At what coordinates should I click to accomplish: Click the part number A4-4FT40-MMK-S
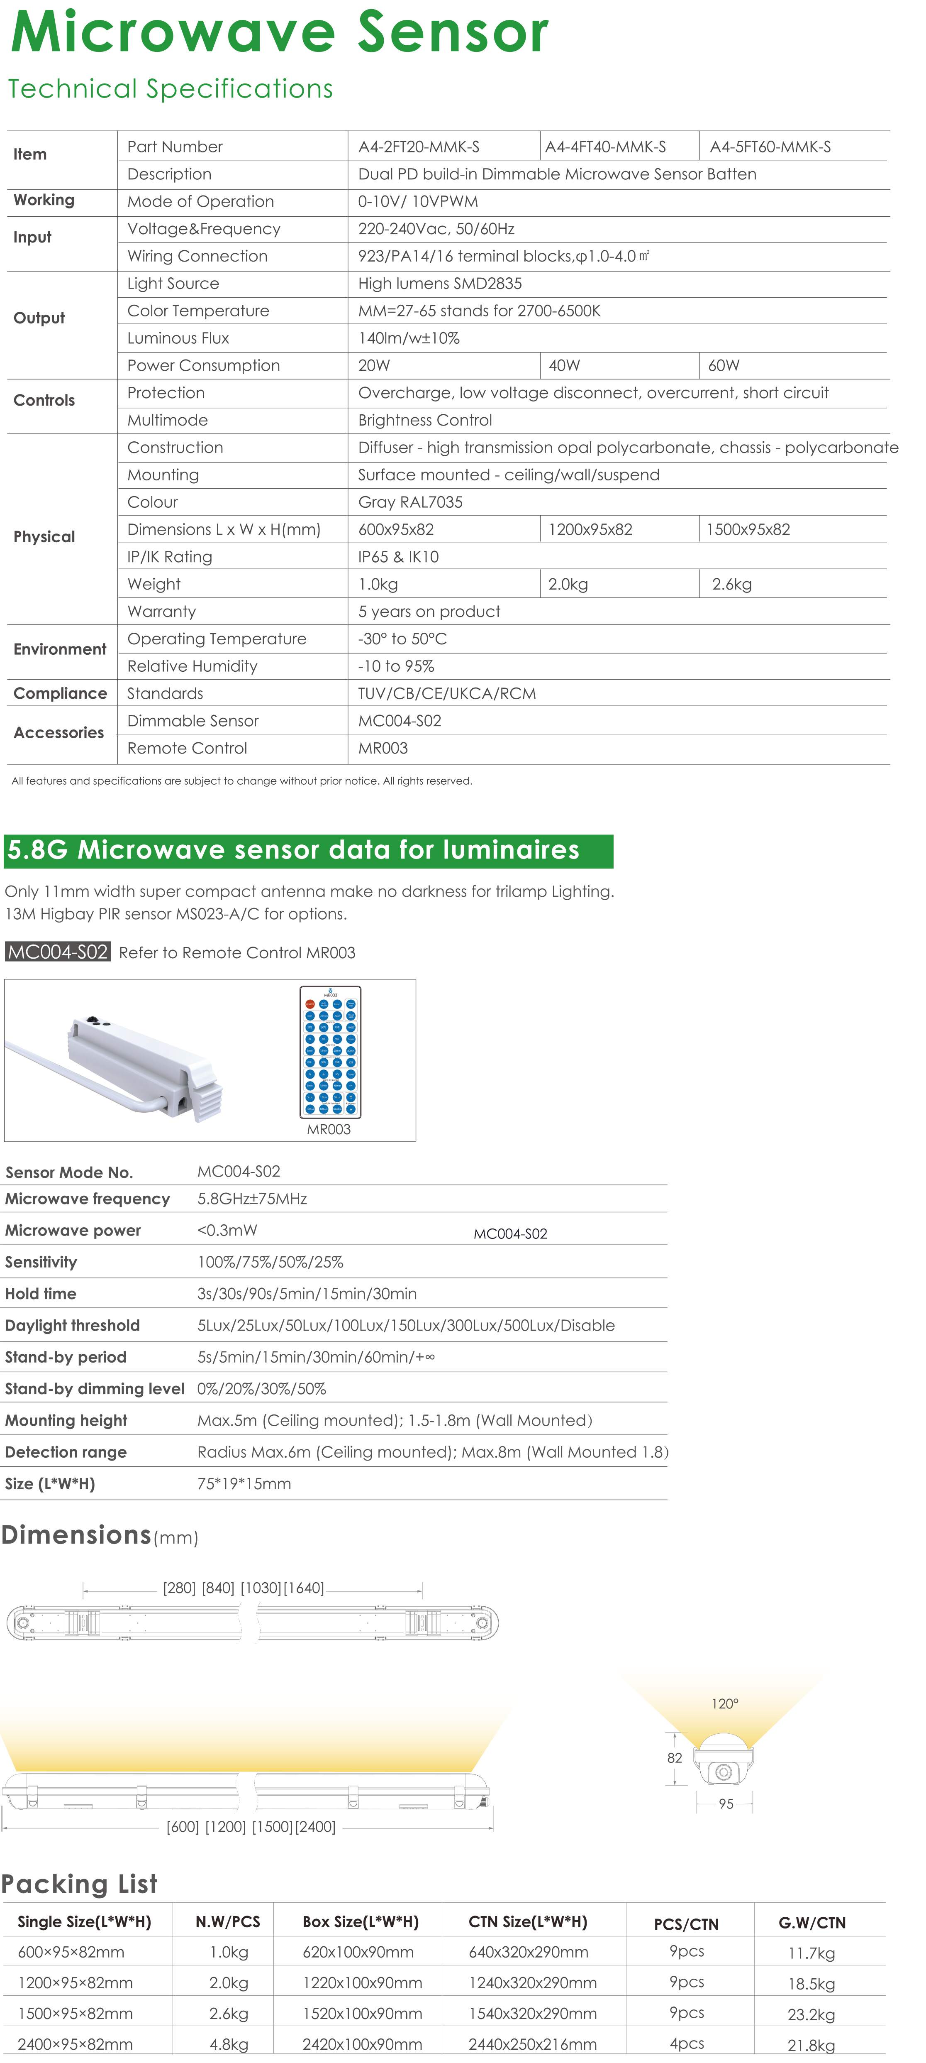[605, 147]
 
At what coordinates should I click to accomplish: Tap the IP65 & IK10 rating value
[399, 557]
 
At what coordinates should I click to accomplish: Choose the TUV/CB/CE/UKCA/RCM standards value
[446, 693]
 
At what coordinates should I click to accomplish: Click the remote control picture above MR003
[330, 1052]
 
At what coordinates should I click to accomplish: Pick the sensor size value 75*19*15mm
[244, 1484]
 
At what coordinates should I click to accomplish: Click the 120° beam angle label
[724, 1703]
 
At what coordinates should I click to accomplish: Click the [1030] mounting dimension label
[260, 1588]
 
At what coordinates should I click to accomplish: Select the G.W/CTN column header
[811, 1923]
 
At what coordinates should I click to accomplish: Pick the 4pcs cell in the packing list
[687, 2043]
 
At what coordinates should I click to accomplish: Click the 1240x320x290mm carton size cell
[532, 1983]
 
